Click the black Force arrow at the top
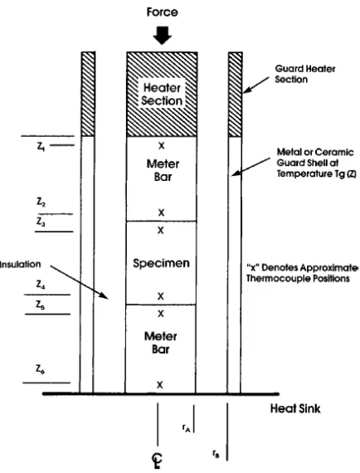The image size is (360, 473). (163, 36)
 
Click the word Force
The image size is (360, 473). (163, 12)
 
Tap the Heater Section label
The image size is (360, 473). (163, 94)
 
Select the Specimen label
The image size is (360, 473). (161, 263)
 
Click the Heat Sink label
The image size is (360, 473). (295, 408)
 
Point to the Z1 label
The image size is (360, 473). (41, 146)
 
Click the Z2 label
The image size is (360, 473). (41, 202)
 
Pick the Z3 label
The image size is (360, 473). (41, 222)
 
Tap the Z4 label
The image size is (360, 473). (41, 284)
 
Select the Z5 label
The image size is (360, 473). (40, 305)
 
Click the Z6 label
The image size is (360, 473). (40, 369)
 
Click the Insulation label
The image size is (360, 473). (20, 264)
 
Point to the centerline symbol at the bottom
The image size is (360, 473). (157, 461)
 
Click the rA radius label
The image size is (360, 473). (186, 427)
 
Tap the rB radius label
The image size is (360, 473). (216, 453)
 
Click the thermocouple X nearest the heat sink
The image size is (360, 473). (160, 384)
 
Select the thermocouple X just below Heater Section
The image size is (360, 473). (162, 146)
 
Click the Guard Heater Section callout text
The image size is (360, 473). (304, 74)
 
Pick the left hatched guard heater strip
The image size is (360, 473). (89, 94)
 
